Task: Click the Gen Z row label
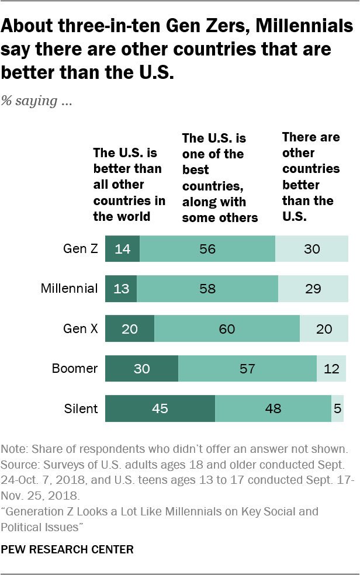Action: pyautogui.click(x=80, y=249)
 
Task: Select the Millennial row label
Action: pyautogui.click(x=70, y=289)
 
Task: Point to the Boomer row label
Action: pyautogui.click(x=74, y=369)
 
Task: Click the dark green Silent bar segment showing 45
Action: pyautogui.click(x=160, y=408)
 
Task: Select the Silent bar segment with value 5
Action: pyautogui.click(x=337, y=408)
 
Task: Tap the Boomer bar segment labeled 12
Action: pyautogui.click(x=331, y=369)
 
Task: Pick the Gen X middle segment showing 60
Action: pyautogui.click(x=227, y=329)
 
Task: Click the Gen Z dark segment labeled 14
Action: pyautogui.click(x=123, y=249)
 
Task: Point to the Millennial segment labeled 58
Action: pyautogui.click(x=207, y=289)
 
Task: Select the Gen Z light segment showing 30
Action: pyautogui.click(x=311, y=249)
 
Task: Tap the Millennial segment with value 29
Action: pyautogui.click(x=313, y=289)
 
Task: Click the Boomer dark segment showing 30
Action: pyautogui.click(x=142, y=369)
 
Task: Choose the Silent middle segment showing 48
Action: pyautogui.click(x=273, y=408)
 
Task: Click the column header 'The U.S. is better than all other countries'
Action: pyautogui.click(x=129, y=185)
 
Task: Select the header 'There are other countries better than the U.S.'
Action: pyautogui.click(x=310, y=176)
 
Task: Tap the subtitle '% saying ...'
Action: pyautogui.click(x=36, y=101)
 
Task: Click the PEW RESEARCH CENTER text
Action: pyautogui.click(x=67, y=549)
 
